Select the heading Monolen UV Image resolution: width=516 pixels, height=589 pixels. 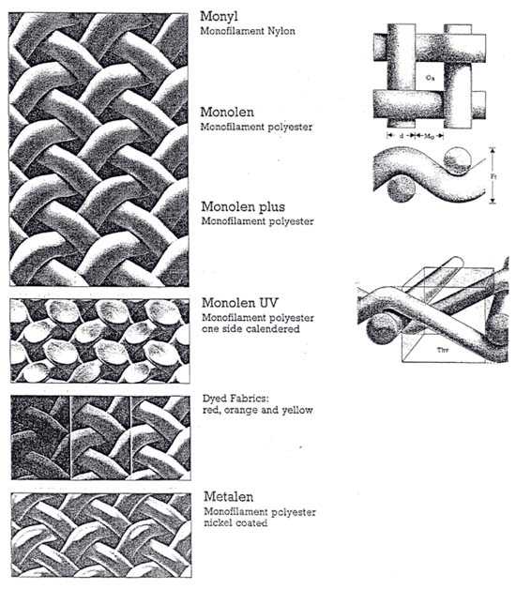(x=239, y=304)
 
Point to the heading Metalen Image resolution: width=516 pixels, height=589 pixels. (x=225, y=496)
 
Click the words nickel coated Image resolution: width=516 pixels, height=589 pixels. (x=235, y=522)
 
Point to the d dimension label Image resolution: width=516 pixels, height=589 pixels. (x=402, y=136)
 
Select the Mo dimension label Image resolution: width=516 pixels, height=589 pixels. (x=430, y=136)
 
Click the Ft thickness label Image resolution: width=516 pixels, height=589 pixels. (x=497, y=174)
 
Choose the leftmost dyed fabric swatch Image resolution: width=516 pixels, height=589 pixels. (x=40, y=437)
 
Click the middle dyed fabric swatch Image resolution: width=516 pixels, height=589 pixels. (x=100, y=437)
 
